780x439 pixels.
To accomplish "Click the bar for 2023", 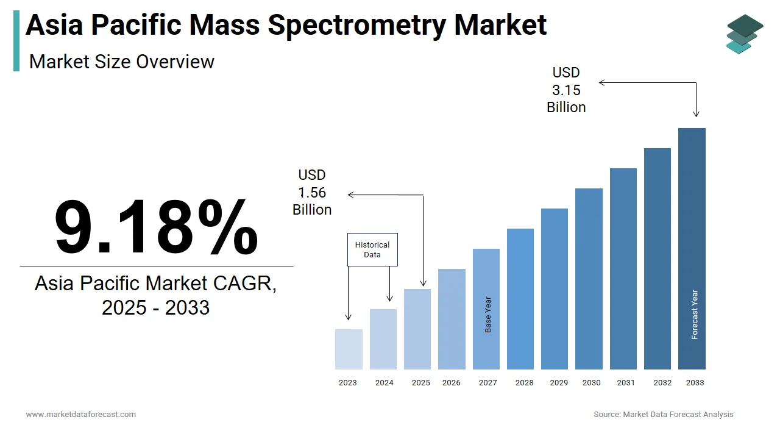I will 349,349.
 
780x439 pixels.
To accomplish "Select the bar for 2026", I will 452,319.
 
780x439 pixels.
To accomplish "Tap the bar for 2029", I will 555,288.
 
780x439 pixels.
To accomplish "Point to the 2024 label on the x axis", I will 384,383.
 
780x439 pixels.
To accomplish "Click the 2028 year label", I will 524,383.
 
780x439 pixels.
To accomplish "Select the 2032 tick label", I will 662,383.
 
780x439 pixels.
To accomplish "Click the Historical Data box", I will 372,249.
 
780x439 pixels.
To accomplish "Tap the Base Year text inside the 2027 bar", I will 488,315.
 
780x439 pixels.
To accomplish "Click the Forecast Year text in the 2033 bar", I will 695,314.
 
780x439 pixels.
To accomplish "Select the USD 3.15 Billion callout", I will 566,90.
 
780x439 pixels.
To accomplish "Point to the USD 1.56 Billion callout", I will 312,193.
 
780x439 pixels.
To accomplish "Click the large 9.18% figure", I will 156,227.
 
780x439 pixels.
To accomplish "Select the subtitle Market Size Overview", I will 122,62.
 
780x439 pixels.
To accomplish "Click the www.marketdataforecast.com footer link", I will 80,415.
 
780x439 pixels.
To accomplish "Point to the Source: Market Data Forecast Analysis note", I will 663,415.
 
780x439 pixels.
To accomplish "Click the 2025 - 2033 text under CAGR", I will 155,308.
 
